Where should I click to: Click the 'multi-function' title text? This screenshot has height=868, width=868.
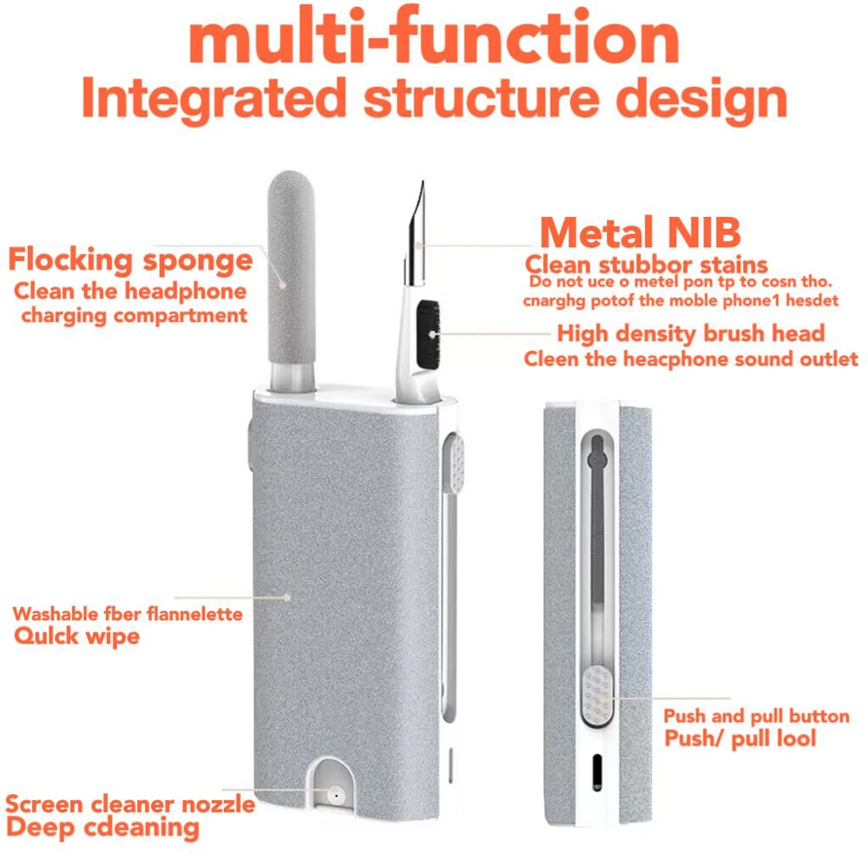tap(434, 39)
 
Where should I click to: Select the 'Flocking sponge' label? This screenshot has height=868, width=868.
tap(130, 260)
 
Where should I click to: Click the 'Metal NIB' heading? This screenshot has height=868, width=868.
tap(641, 233)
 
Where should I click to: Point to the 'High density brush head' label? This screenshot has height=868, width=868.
tap(690, 333)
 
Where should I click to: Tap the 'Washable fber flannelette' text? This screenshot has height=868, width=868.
tap(128, 614)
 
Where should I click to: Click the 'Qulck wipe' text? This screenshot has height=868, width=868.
tap(76, 636)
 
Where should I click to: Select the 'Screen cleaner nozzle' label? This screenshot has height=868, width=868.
tap(130, 804)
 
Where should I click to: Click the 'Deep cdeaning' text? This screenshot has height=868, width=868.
tap(102, 827)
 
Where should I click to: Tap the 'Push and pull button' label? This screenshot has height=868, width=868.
tap(756, 716)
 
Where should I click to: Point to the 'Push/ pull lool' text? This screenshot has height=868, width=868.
tap(740, 740)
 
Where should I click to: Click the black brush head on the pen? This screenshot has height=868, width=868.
tap(428, 332)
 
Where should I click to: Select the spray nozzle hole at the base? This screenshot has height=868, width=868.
tap(332, 794)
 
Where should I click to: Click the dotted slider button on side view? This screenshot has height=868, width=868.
tap(596, 696)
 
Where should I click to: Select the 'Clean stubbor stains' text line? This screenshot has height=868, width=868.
tap(647, 264)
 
